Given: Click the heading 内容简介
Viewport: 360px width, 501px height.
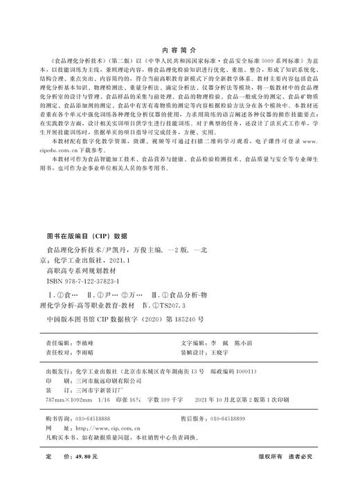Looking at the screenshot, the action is click(179, 51).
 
